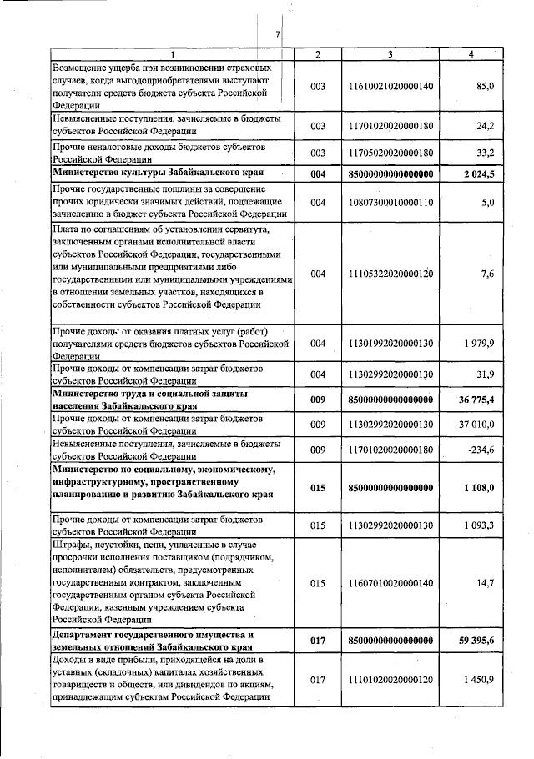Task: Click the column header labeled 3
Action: (390, 54)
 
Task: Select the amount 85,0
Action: (486, 87)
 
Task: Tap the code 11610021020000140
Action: (390, 87)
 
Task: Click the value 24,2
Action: (486, 126)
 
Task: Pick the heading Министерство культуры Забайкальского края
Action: (159, 173)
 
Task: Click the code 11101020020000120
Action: (390, 680)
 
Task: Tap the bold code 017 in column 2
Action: (316, 641)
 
